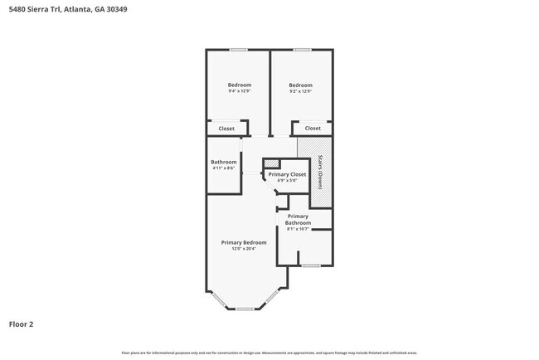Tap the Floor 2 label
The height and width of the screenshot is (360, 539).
[x=22, y=324]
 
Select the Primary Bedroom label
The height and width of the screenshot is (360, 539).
[x=244, y=242]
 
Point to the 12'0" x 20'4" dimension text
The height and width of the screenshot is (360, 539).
[x=244, y=248]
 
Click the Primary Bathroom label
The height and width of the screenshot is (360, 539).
[x=298, y=220]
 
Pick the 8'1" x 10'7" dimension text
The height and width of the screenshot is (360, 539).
[x=298, y=229]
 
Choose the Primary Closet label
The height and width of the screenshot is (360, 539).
[x=287, y=174]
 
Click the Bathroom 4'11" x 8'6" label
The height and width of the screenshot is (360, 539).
[x=223, y=164]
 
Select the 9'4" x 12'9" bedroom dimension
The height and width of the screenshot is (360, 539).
[x=240, y=91]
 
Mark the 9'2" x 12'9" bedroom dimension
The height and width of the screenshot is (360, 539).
[x=300, y=91]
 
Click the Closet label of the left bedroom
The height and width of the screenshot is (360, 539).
[x=226, y=129]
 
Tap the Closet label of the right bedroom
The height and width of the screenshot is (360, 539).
[x=313, y=129]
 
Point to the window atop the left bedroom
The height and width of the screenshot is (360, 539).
[x=239, y=50]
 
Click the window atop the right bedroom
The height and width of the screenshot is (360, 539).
[x=302, y=50]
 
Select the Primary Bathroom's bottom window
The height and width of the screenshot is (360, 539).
[x=310, y=265]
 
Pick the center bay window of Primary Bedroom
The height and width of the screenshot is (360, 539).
[x=245, y=309]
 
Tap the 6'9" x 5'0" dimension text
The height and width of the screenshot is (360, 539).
[x=287, y=181]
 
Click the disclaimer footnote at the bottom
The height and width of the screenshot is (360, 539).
[x=269, y=353]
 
